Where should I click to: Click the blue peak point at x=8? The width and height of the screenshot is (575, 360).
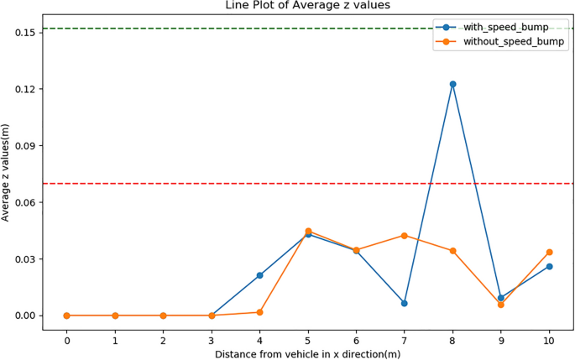453,84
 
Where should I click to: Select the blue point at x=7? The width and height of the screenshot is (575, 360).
405,303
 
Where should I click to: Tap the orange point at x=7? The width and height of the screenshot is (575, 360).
405,236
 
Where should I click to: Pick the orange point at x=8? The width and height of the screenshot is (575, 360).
453,251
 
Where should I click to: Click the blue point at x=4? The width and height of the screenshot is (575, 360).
260,275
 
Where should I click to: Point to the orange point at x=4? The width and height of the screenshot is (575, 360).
260,312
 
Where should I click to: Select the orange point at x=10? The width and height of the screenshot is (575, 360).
550,252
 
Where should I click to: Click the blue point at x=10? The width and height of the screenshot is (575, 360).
550,267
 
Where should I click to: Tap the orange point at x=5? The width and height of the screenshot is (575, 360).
308,231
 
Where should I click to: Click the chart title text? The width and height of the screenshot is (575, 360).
307,6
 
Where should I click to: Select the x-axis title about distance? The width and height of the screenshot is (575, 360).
307,354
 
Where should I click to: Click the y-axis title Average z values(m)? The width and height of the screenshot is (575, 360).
7,173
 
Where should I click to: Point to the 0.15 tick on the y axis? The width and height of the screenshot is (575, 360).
23,33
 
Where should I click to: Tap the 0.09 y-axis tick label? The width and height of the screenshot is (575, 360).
23,146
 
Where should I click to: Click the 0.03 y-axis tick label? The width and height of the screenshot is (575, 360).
23,259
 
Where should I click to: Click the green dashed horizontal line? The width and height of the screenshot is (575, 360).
252,29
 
